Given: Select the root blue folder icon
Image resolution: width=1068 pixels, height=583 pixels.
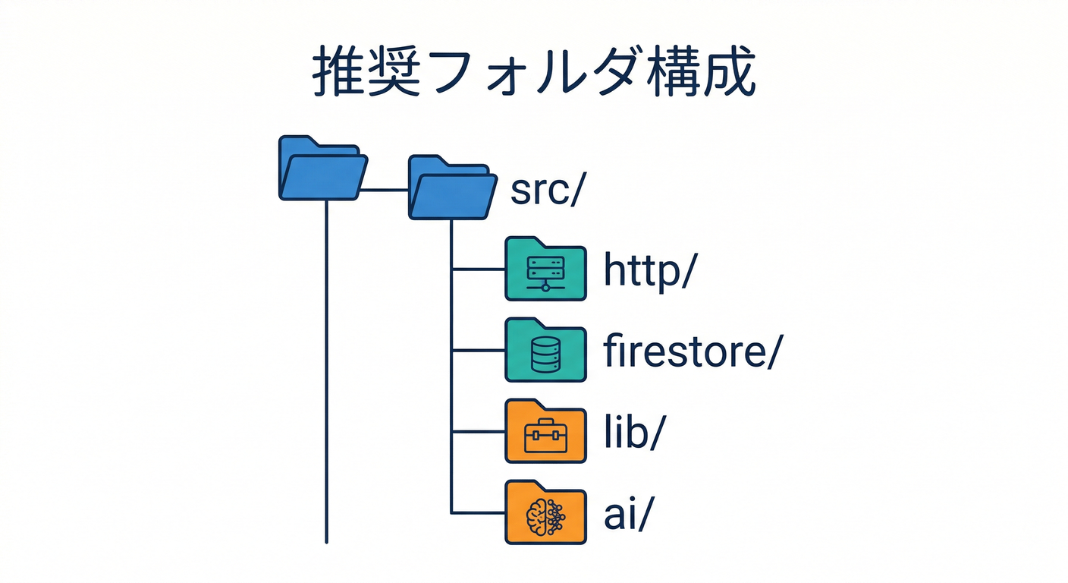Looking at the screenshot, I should pos(322,169).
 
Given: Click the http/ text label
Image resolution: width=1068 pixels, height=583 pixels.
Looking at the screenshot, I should pos(649,271).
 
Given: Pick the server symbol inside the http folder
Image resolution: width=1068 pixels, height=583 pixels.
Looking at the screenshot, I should pos(545,273).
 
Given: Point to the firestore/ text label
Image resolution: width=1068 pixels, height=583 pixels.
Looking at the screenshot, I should pos(689,352).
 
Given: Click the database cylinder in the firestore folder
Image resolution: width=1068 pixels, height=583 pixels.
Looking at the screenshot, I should pos(545,355).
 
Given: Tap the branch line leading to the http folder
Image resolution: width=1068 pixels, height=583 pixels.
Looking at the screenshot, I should pos(478,269).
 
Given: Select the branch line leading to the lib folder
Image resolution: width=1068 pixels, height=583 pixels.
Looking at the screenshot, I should pos(478,432).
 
